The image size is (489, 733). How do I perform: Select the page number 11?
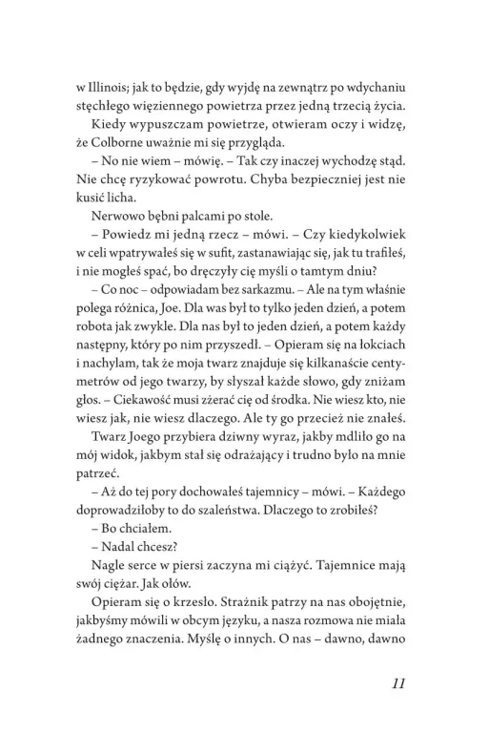(400, 683)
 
